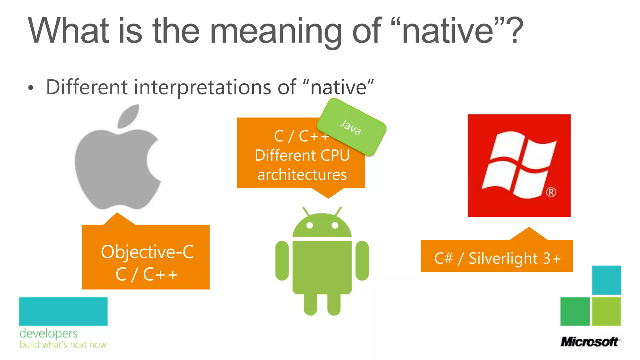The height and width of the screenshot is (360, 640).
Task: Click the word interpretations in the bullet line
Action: (202, 87)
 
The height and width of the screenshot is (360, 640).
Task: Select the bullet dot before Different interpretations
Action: (30, 88)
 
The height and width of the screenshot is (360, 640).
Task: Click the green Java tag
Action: (351, 127)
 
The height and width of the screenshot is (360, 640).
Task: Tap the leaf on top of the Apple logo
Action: (129, 116)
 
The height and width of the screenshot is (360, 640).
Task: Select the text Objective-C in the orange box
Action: (147, 252)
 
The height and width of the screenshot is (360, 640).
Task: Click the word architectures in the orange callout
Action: (302, 175)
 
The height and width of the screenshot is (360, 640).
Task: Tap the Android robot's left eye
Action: (309, 225)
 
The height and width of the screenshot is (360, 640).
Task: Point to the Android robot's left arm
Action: (282, 260)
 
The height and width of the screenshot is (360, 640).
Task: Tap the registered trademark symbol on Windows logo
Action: (551, 192)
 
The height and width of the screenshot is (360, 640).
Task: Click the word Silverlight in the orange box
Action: (503, 258)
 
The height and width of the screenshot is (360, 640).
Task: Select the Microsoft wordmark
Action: (590, 342)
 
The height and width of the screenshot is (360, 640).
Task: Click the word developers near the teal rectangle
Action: (48, 334)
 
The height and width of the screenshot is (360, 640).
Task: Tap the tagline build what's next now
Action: (63, 345)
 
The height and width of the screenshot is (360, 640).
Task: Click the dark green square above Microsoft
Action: (575, 311)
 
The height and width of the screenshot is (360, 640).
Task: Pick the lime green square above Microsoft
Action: (606, 311)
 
